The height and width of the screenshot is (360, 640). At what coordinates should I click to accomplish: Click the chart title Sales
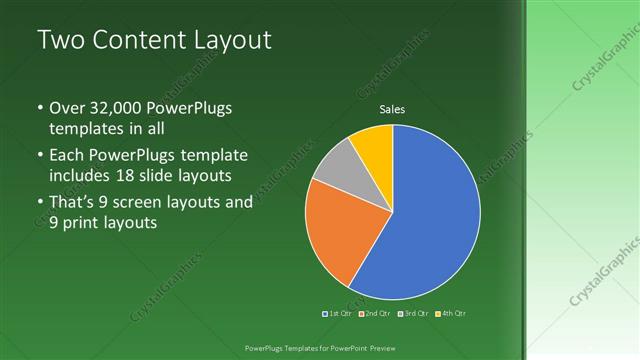click(x=392, y=110)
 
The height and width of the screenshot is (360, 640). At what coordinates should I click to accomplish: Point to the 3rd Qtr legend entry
click(x=412, y=313)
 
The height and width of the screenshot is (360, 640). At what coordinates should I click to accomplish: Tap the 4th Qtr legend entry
click(x=452, y=313)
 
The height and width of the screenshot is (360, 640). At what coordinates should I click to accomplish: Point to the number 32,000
click(x=119, y=108)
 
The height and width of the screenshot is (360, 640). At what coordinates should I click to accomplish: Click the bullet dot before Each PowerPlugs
click(x=39, y=156)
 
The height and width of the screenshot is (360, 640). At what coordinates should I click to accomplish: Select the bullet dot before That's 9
click(x=39, y=203)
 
